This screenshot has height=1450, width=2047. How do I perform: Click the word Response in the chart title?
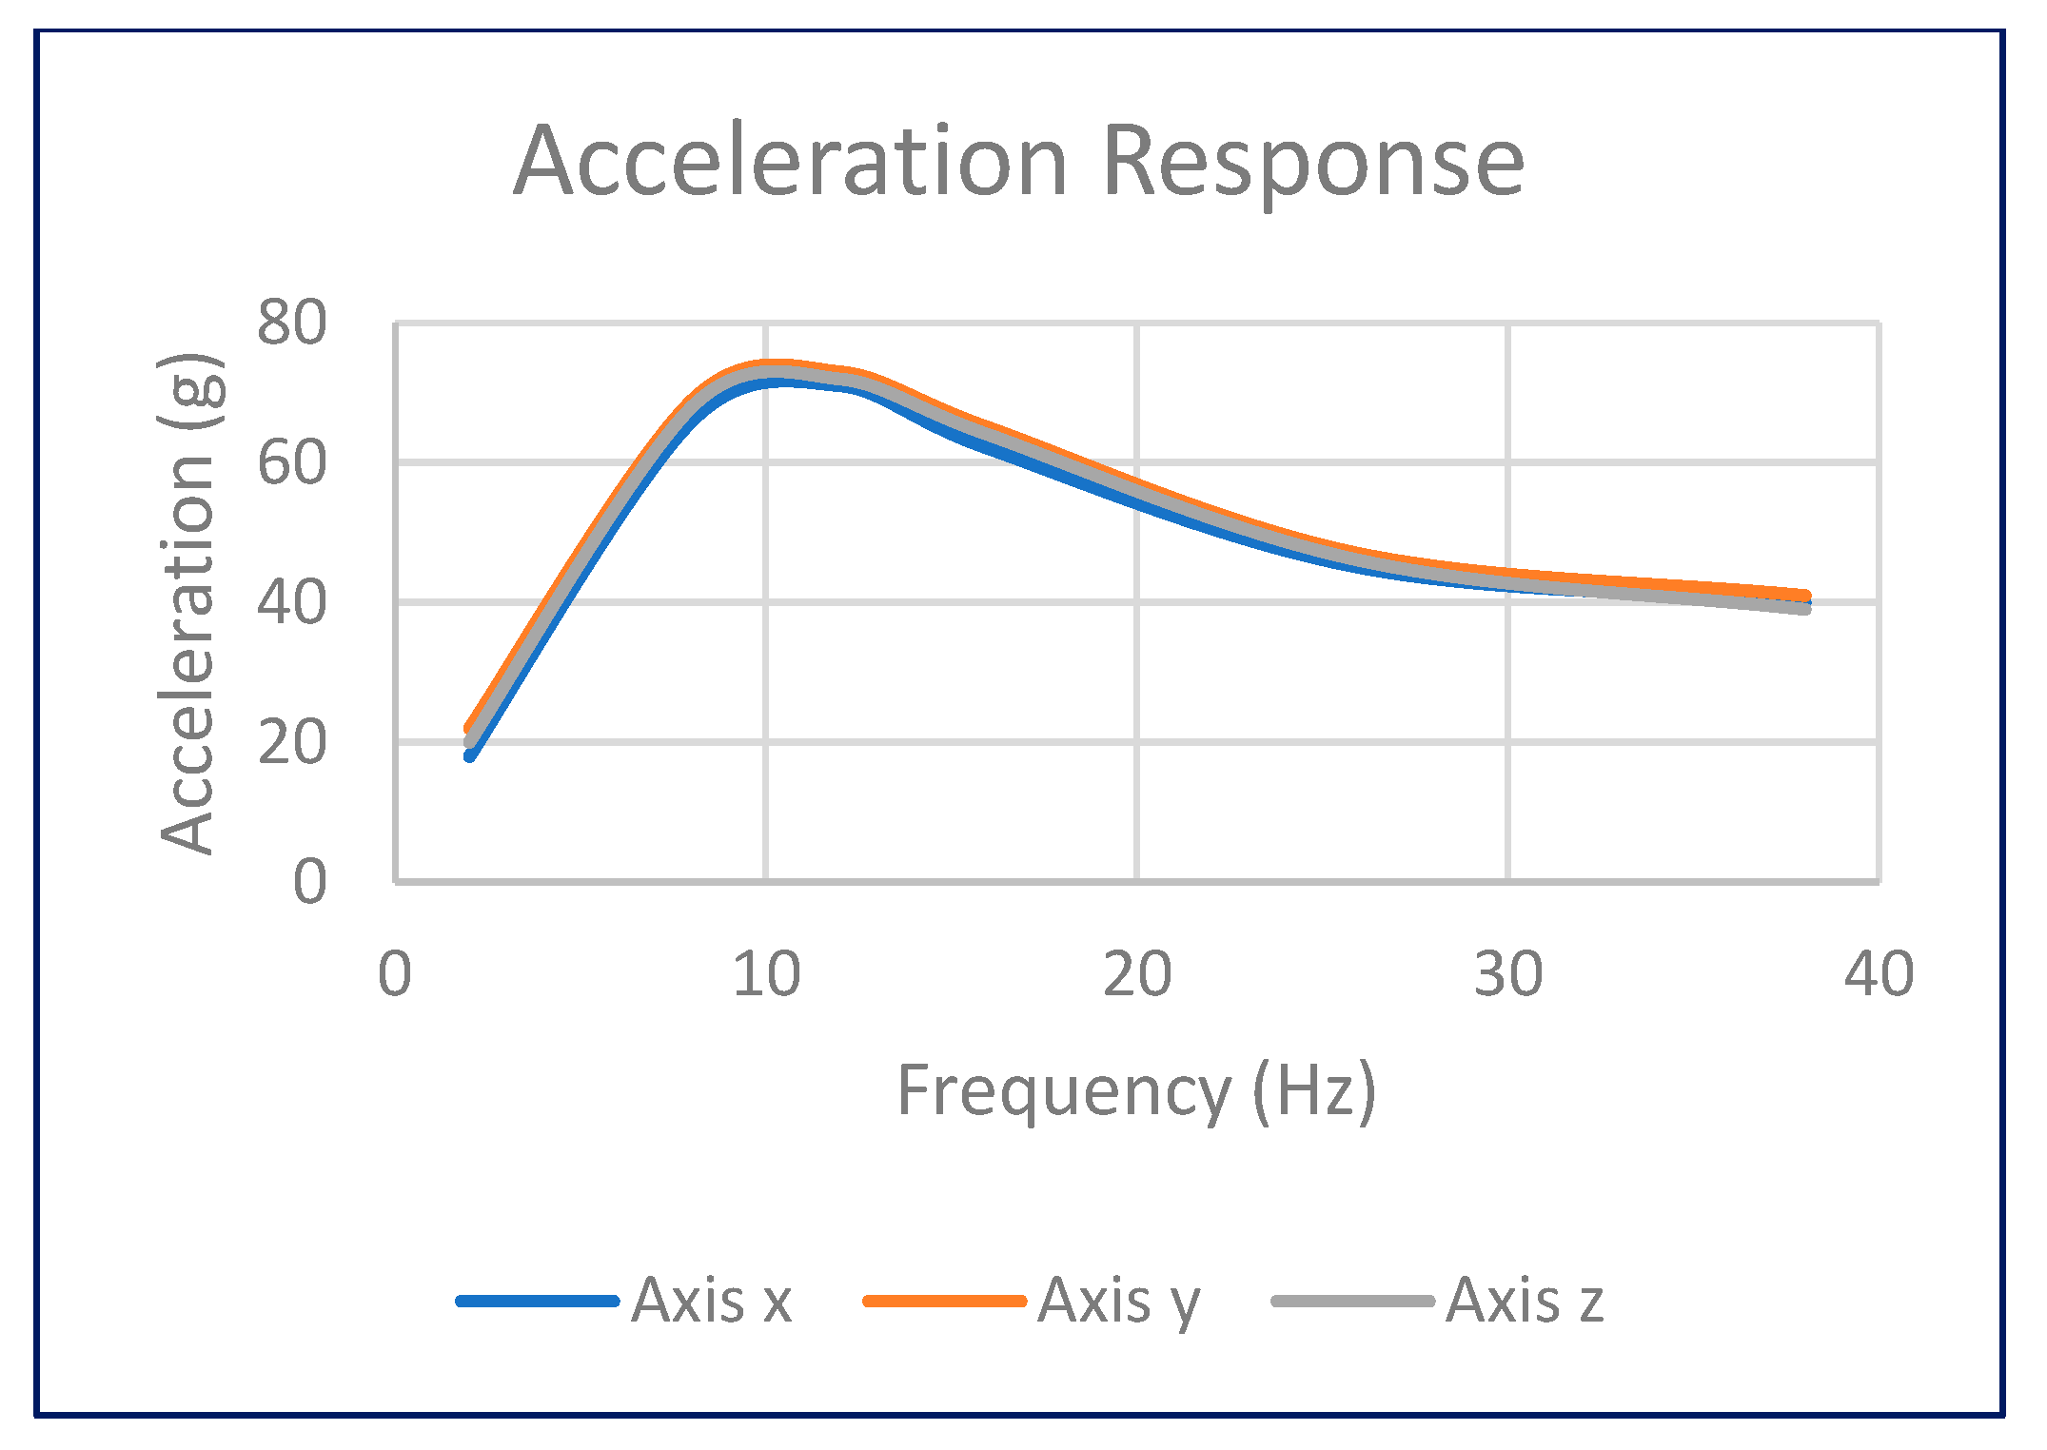[1313, 164]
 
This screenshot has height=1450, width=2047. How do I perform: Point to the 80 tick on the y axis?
[291, 323]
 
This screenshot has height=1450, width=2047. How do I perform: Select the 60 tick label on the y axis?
[291, 463]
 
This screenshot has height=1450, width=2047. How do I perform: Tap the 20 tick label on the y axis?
[291, 743]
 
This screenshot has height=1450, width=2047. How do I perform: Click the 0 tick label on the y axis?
[309, 882]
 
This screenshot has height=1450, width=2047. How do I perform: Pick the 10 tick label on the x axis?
[766, 975]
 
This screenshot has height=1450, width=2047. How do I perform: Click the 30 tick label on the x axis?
[1507, 975]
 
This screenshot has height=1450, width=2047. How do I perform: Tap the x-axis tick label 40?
[1879, 975]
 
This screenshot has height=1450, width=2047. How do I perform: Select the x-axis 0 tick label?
[395, 975]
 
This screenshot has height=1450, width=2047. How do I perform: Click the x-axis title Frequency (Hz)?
[1136, 1090]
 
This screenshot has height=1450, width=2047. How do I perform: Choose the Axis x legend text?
[711, 1300]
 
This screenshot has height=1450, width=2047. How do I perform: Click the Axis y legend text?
[1119, 1302]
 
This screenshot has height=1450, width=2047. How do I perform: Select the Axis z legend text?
[1525, 1300]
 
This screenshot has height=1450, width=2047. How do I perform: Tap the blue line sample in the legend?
[538, 1301]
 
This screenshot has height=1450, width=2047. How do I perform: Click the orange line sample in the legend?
[944, 1301]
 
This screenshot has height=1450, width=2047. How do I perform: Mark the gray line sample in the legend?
[1352, 1301]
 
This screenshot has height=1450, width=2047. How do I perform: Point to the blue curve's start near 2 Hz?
[470, 755]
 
